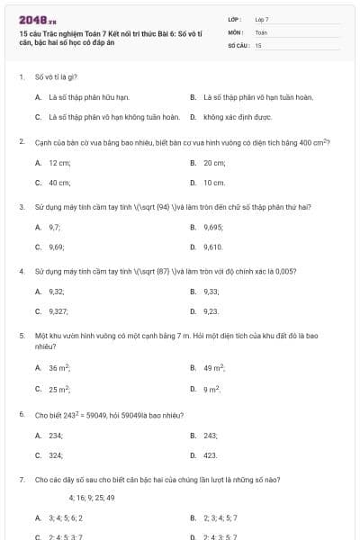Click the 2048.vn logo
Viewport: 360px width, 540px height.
coord(31,19)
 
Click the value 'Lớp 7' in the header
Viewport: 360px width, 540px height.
coord(262,19)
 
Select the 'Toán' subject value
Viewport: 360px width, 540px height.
coord(261,31)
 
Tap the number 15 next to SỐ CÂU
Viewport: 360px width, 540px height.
coord(257,44)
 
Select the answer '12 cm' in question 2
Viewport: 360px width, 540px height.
coord(59,163)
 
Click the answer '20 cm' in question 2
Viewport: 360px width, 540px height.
coord(214,163)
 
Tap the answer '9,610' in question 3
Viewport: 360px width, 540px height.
coord(213,247)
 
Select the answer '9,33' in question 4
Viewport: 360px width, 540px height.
coord(211,292)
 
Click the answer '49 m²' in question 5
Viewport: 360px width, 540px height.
coord(214,368)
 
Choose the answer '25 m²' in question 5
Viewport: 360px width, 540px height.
coord(59,390)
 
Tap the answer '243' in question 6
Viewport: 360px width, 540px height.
coord(211,436)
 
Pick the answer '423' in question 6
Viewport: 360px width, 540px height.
coord(211,455)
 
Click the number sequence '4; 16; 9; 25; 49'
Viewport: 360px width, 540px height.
coord(92,498)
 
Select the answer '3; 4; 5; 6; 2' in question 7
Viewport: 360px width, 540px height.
coord(66,518)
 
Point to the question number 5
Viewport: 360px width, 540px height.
coord(21,336)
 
